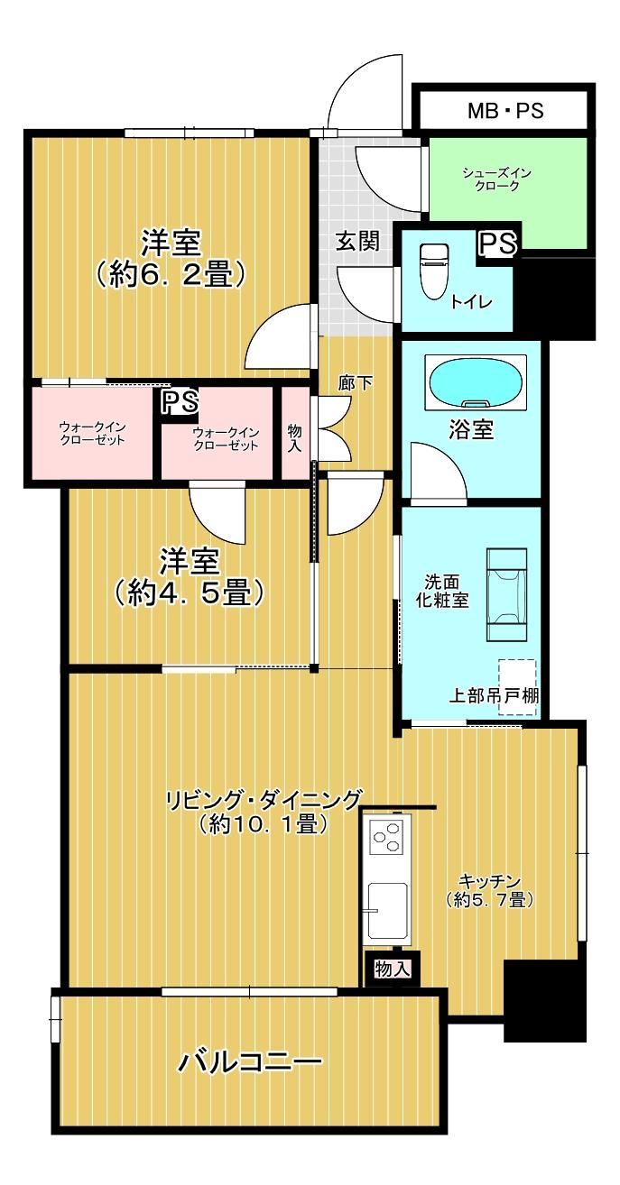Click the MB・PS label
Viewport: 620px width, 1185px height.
(505, 111)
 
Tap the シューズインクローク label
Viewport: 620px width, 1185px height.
(496, 179)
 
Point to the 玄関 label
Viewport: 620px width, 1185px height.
(358, 241)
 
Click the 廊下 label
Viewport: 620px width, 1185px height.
(356, 383)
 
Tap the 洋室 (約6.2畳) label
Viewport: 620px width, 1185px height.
(171, 259)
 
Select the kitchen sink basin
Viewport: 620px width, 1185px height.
(387, 909)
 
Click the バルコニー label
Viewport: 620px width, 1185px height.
(249, 1061)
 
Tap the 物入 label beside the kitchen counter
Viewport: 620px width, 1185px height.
(393, 969)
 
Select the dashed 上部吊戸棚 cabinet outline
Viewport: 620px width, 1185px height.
(517, 687)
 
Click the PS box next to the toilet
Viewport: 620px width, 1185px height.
(497, 243)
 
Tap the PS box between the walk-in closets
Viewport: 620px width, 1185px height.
(180, 402)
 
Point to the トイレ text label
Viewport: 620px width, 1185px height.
(471, 302)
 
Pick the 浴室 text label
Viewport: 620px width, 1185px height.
(471, 429)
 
